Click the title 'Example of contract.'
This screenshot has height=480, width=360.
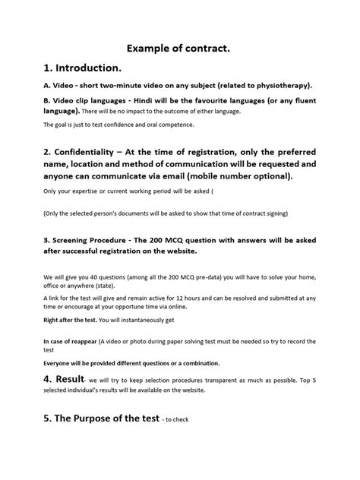pos(179,48)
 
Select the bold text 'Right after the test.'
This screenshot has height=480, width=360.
pos(71,321)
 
